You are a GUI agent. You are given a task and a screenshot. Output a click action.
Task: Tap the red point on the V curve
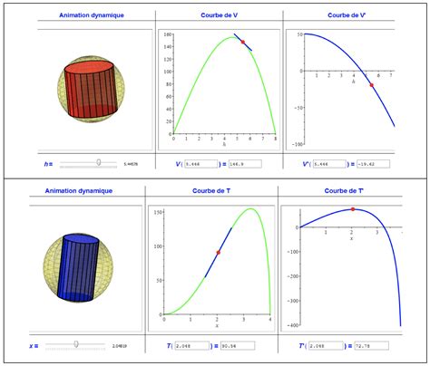[x=242, y=42]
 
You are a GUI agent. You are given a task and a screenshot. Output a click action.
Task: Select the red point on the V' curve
[x=371, y=85]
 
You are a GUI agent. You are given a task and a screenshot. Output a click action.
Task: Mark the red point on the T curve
[x=218, y=253]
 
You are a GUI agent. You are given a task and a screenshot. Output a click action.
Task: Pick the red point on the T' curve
[x=353, y=209]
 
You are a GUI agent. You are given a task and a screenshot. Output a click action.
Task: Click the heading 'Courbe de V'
[x=219, y=15]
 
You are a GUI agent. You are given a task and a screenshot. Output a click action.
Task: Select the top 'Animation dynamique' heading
[x=85, y=15]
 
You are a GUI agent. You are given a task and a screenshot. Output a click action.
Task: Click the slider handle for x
[x=76, y=344]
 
